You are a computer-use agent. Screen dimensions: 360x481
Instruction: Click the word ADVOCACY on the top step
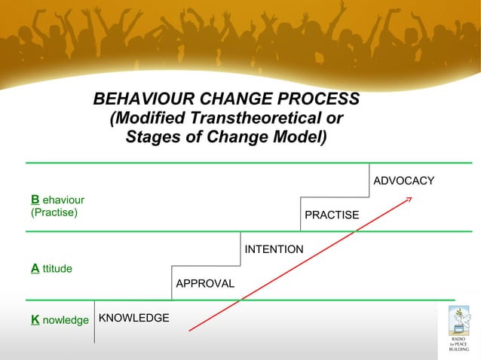[x=403, y=181]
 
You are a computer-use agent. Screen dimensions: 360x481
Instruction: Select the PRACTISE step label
[x=332, y=215]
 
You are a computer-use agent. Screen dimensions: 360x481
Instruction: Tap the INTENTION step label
[x=274, y=249]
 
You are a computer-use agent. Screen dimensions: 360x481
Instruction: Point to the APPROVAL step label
[x=205, y=284]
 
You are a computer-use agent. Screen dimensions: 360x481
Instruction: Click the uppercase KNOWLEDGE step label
[x=134, y=318]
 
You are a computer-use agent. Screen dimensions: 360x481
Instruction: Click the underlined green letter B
[x=35, y=200]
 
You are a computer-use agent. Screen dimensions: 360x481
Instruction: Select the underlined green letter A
[x=35, y=267]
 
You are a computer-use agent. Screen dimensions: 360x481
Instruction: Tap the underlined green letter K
[x=35, y=320]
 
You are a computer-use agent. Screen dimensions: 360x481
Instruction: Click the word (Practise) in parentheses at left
[x=54, y=212]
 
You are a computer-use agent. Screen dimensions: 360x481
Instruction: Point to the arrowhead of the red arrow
[x=410, y=199]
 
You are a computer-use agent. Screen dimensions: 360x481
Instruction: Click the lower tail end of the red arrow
[x=190, y=329]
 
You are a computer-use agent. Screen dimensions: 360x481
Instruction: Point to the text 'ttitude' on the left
[x=57, y=267]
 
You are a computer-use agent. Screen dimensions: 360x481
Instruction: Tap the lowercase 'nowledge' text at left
[x=66, y=320]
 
